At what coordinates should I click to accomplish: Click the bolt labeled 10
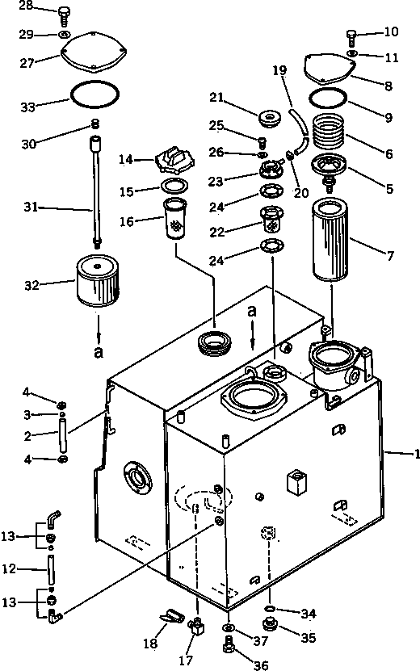click(352, 36)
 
